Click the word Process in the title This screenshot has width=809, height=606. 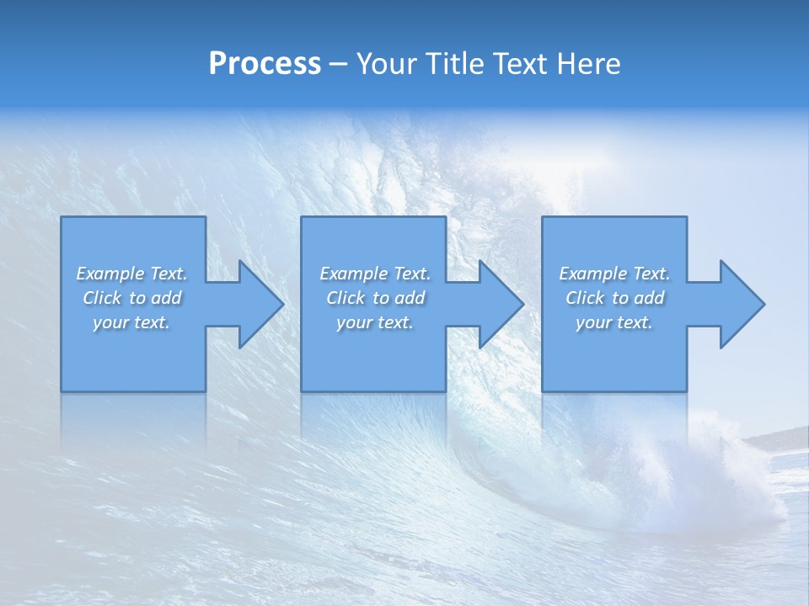tap(265, 64)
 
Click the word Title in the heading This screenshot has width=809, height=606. tap(454, 64)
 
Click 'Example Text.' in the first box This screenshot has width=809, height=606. tap(131, 274)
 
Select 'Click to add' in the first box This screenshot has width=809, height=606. tap(131, 298)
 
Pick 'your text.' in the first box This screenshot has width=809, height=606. tap(131, 322)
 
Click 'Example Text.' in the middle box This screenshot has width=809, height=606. tap(375, 274)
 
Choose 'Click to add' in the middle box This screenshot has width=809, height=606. tap(375, 298)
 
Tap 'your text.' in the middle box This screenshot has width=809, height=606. tap(375, 322)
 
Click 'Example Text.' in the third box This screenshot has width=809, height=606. tap(614, 274)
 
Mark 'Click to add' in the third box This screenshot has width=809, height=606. tap(614, 298)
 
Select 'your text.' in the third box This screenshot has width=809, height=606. tap(614, 322)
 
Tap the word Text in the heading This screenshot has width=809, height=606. tap(520, 64)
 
